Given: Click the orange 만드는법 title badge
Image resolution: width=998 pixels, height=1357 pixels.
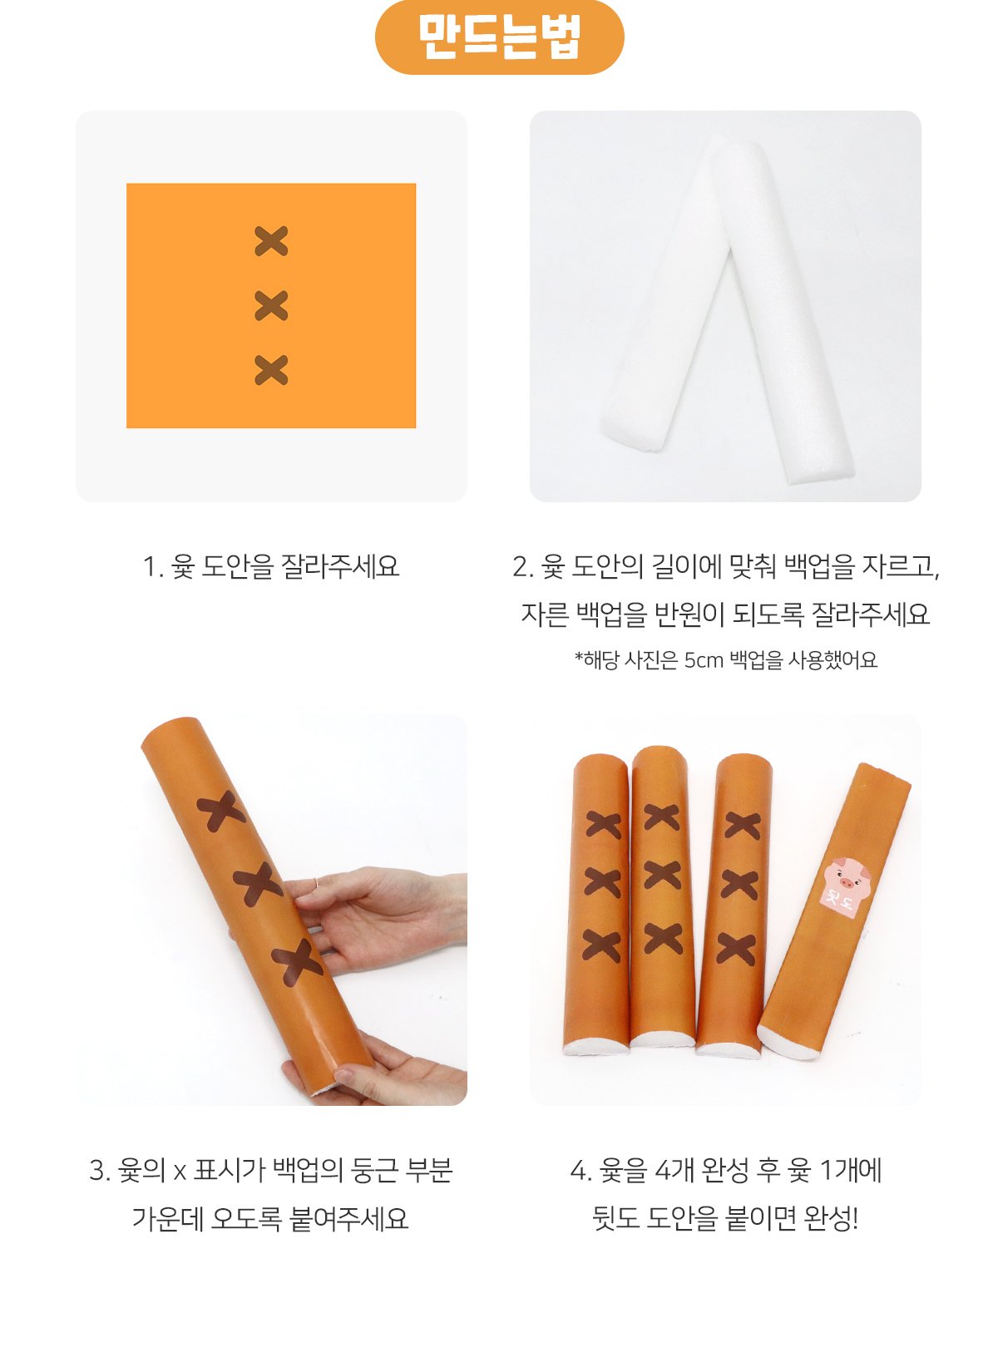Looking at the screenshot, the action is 499,37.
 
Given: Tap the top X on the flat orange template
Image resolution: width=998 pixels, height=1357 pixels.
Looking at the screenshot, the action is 271,241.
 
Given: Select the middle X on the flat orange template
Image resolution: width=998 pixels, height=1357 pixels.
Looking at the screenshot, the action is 271,305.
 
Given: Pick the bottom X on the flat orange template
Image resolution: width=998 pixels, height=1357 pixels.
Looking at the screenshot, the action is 271,370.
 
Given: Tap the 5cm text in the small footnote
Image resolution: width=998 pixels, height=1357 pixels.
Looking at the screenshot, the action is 704,659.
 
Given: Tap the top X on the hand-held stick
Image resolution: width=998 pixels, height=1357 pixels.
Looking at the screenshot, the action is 221,811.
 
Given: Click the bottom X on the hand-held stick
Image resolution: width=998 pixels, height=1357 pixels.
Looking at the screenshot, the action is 297,962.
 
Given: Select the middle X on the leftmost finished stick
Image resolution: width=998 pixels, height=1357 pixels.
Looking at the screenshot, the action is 602,883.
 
